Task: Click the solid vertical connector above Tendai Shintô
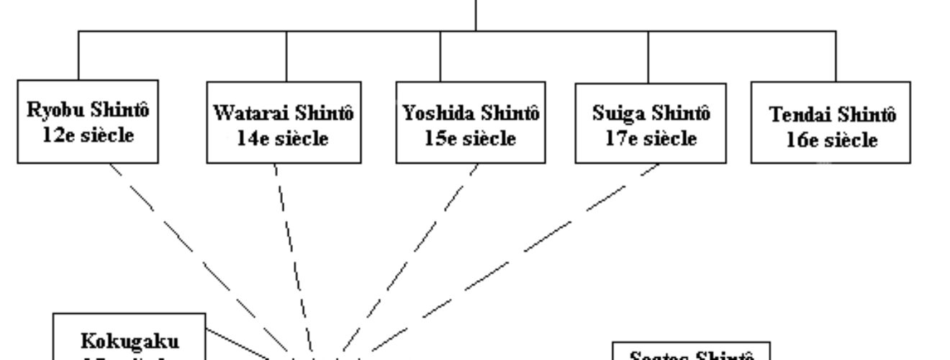(x=836, y=56)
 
